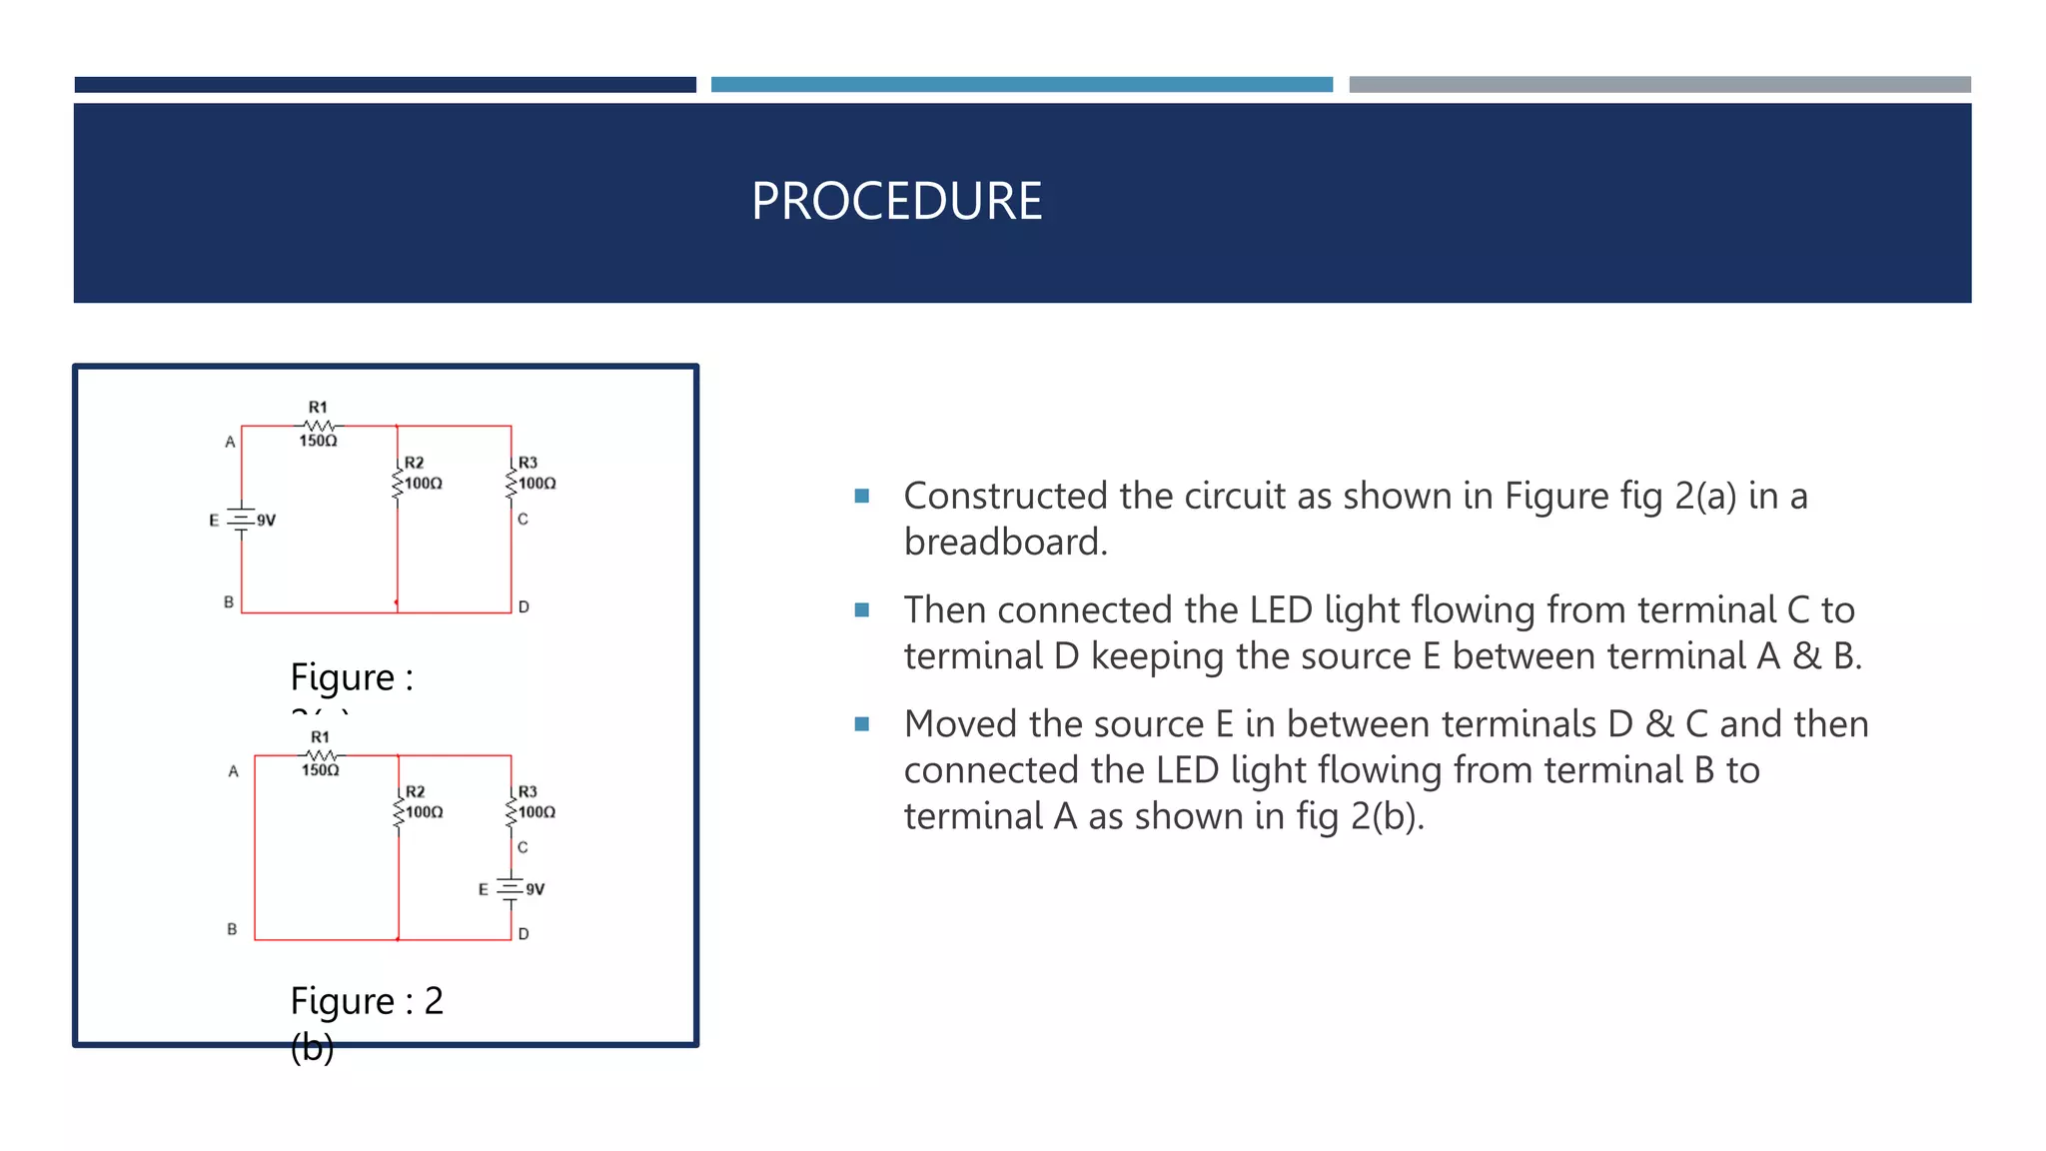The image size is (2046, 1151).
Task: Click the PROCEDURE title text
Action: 896,201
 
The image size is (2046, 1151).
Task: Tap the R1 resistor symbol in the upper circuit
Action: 319,426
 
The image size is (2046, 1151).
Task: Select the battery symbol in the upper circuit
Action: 241,520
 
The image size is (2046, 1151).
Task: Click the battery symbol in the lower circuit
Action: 510,888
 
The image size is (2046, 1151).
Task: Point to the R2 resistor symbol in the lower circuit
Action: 399,810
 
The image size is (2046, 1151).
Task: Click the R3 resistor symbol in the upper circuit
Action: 511,482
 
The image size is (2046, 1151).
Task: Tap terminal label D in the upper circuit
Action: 523,606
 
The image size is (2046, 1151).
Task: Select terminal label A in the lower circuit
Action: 233,771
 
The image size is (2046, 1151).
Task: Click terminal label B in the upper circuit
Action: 229,602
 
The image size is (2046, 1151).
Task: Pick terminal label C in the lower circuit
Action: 522,847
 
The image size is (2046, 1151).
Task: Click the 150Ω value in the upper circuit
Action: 319,441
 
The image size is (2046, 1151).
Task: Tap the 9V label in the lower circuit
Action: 535,889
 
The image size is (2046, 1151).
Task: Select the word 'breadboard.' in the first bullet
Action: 1005,542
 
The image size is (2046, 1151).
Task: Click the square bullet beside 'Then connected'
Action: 862,609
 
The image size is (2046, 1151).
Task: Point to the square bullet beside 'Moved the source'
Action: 862,723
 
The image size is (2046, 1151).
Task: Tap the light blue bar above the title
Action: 1021,85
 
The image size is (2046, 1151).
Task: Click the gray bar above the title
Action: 1659,85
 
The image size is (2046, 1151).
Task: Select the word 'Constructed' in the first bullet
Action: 1005,496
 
